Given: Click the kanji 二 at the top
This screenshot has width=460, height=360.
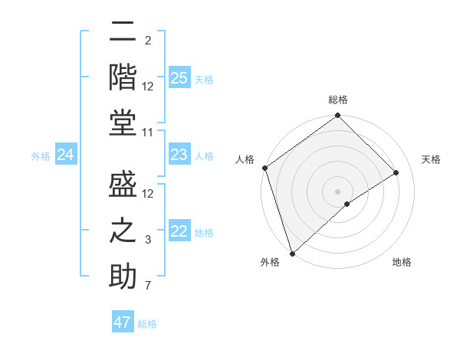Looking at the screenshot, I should click(123, 32).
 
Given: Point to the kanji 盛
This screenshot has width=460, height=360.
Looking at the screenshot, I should click(123, 186).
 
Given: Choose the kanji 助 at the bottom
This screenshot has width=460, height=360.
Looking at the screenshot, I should click(123, 275).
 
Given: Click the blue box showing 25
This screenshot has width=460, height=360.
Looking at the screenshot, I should click(179, 78).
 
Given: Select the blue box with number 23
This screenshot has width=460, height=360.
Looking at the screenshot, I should click(179, 155).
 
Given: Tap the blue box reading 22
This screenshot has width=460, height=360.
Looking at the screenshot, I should click(179, 232).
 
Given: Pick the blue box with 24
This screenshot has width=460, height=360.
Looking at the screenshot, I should click(65, 155).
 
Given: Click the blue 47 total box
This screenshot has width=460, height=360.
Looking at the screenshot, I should click(123, 322).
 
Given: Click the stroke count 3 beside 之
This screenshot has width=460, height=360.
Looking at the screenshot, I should click(149, 240).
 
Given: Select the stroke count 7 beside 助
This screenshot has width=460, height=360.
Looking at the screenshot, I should click(149, 286).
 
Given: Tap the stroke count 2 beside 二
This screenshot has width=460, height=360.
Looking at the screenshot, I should click(148, 40).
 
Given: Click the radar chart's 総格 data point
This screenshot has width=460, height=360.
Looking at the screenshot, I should click(337, 116).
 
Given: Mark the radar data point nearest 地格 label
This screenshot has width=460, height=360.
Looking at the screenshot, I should click(347, 203).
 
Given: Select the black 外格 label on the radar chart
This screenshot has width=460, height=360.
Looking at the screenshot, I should click(270, 262).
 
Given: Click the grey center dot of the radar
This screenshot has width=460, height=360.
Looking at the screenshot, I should click(337, 190).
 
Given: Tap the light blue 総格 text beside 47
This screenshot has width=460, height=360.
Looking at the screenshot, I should click(147, 324).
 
